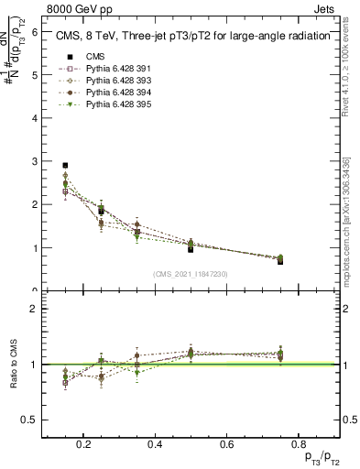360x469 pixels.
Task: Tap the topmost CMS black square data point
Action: [65, 166]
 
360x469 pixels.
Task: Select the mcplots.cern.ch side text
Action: [353, 220]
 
